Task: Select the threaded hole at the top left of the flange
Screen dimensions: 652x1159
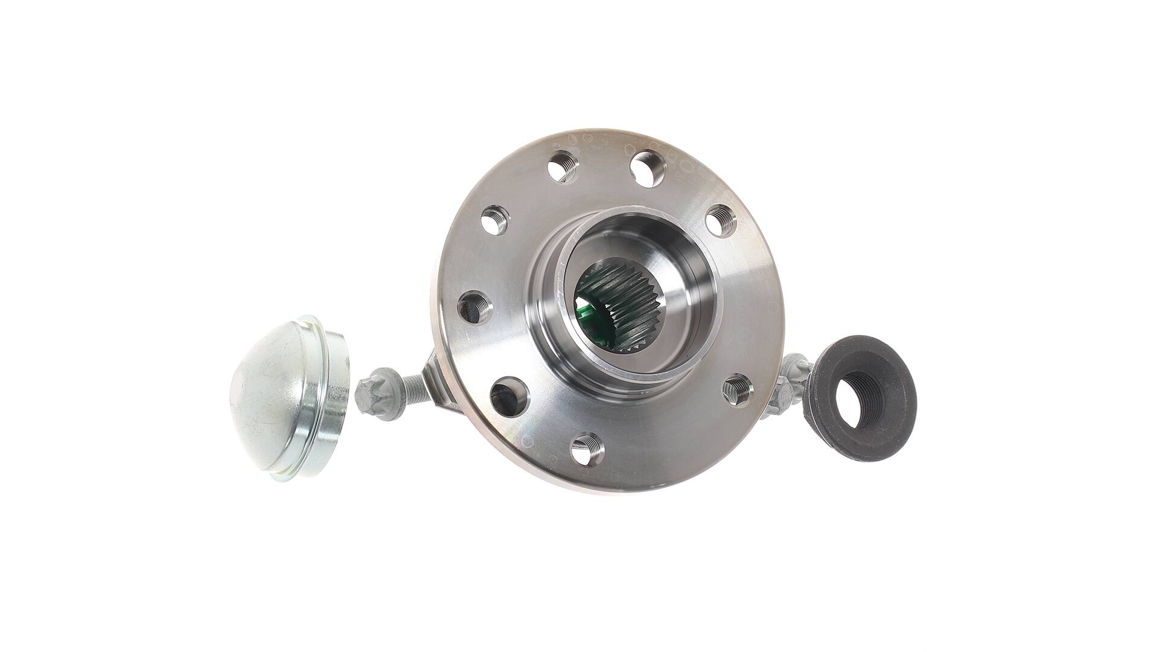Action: (562, 167)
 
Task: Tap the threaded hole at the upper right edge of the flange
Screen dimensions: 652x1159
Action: (720, 220)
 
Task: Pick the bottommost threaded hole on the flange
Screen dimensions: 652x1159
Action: (587, 449)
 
